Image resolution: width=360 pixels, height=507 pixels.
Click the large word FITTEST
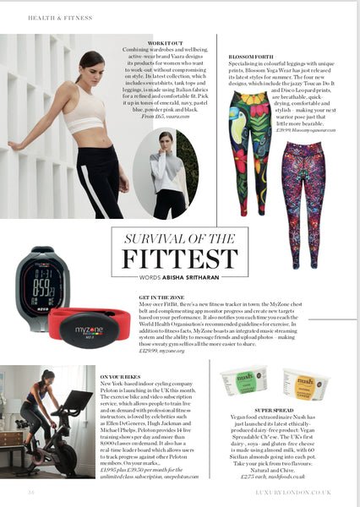click(179, 258)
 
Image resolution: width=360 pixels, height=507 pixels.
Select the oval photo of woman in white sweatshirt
click(166, 173)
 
